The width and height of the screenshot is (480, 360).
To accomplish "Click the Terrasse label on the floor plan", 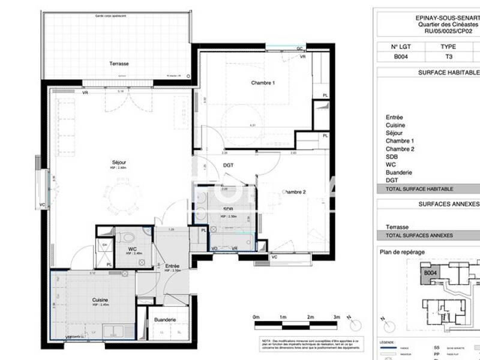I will coord(118,63).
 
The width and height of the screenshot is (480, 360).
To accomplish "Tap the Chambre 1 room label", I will coord(263,83).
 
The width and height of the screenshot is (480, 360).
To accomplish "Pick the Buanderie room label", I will coord(164,320).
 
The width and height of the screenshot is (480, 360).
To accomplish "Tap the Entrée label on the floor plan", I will coord(173,265).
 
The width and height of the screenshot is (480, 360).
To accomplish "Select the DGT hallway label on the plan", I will coord(228,165).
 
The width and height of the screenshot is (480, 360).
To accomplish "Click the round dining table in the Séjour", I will coord(124,196).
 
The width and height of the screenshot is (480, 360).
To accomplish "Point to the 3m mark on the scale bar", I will coord(337,317).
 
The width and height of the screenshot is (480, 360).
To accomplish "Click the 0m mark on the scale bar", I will coord(256,317).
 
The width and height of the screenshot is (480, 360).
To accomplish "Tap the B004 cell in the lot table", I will coord(401,57).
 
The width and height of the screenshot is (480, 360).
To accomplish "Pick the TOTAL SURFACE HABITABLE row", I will coord(419,188).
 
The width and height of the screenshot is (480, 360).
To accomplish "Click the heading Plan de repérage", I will coord(403,252).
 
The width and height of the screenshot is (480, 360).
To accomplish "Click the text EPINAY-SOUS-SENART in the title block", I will coord(447,19).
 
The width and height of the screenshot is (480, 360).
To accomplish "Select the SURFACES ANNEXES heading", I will coord(447,204).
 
